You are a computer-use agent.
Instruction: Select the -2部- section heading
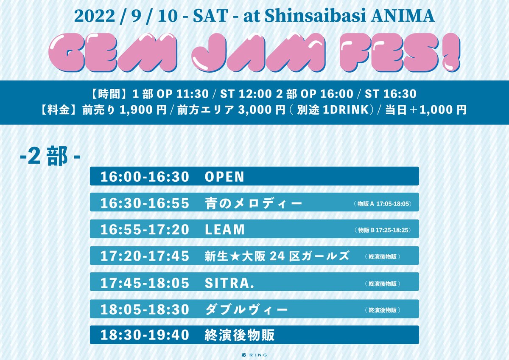point(50,157)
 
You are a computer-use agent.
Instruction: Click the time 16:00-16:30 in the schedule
point(145,177)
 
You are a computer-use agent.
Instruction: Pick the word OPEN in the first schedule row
point(224,177)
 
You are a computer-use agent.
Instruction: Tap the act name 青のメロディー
point(253,203)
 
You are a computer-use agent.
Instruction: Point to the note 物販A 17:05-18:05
point(382,204)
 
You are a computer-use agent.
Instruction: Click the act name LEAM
point(225,230)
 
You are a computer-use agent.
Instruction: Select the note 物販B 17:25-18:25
point(382,230)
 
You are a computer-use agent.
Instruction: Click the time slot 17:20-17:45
point(145,256)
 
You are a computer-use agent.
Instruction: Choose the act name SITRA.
point(229,282)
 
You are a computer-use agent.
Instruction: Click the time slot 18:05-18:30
point(145,309)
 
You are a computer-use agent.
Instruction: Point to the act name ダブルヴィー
point(246,309)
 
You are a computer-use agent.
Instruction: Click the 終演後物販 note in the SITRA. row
point(382,283)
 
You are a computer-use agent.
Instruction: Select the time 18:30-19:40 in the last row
point(145,335)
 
